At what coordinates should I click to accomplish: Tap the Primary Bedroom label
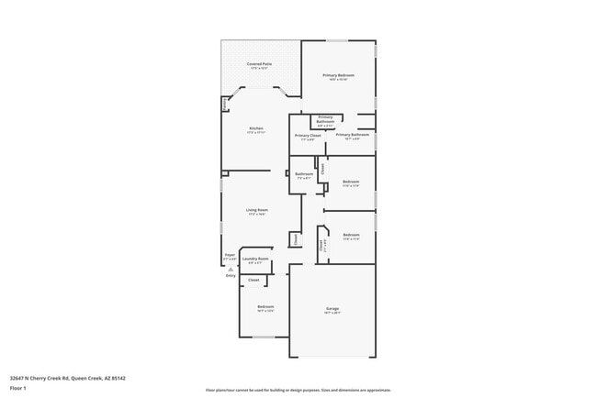338,75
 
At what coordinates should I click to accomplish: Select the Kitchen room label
256,127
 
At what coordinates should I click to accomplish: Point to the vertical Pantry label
226,104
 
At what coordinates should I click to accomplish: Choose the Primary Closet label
308,136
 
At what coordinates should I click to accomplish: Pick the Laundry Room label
256,259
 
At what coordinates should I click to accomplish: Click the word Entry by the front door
231,275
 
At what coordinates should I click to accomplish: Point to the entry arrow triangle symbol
231,268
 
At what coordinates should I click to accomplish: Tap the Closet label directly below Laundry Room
253,280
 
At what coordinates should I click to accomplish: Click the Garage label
332,309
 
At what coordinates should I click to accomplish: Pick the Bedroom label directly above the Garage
351,235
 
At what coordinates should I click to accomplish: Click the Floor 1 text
18,388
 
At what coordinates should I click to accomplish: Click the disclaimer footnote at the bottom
298,389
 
